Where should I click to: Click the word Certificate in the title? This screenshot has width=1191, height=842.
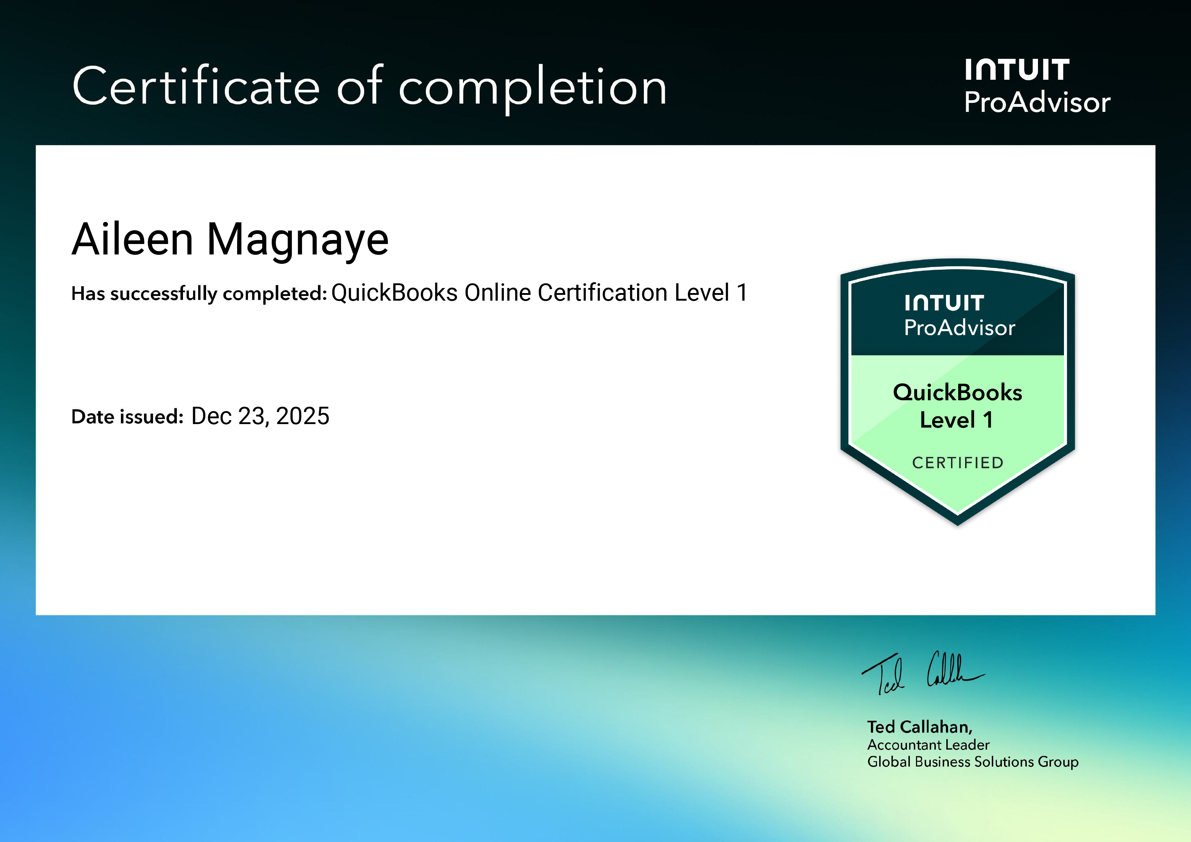pos(196,87)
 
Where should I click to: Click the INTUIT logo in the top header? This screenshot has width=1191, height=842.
pos(1017,70)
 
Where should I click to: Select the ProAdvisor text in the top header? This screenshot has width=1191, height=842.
pos(1037,102)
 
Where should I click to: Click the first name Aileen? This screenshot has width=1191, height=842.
pos(133,239)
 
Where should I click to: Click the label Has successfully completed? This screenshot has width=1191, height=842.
pos(198,294)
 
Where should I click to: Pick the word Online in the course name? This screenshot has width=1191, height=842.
pos(497,293)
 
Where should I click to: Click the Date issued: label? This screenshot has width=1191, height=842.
pos(127,416)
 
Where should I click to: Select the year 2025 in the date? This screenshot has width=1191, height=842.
pos(302,416)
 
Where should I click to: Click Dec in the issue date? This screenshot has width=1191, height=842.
pos(211,416)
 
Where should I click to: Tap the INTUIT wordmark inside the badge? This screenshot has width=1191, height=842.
pos(944,303)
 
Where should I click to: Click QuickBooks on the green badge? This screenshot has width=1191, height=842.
pos(957,392)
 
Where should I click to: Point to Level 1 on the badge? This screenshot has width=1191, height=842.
pos(956,420)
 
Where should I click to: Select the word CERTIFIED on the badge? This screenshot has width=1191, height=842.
pos(957,462)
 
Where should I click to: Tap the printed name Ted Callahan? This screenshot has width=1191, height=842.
pos(919,727)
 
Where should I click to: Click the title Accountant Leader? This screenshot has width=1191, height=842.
pos(928,745)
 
